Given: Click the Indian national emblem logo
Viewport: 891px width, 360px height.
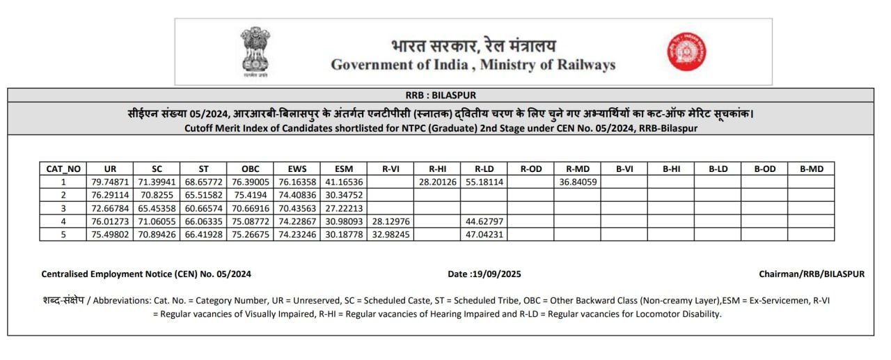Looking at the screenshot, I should click(x=255, y=51).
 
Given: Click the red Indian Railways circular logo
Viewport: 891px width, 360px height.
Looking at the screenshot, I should click(x=687, y=52).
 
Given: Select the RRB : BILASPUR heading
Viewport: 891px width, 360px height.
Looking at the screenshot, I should click(x=441, y=95).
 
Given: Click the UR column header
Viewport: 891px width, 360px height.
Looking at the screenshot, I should click(x=110, y=169).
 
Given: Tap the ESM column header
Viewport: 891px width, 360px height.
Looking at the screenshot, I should click(x=343, y=169).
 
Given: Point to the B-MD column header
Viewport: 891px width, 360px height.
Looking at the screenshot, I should click(x=811, y=169).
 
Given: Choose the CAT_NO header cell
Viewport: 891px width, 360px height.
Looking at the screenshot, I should click(x=63, y=169).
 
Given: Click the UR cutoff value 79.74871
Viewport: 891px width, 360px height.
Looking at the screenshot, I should click(x=110, y=182).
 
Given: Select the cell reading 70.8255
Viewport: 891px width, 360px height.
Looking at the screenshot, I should click(x=157, y=195).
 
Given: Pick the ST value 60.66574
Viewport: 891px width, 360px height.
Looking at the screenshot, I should click(x=203, y=208).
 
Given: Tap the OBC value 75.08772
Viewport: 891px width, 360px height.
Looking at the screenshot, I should click(x=250, y=221).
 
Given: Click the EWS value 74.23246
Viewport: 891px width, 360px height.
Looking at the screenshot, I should click(x=297, y=235).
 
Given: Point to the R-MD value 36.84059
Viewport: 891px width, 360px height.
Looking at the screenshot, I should click(x=577, y=182).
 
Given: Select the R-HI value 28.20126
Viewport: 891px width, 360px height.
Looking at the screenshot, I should click(x=437, y=182).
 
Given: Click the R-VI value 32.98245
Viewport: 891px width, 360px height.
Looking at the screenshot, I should click(x=390, y=235).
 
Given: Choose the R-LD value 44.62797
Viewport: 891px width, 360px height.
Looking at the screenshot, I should click(x=484, y=221).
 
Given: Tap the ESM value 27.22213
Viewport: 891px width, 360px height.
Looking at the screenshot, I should click(x=343, y=208).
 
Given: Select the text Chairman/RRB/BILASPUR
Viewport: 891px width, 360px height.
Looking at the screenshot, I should click(x=812, y=274).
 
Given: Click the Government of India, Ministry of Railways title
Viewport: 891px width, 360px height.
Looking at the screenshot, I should click(x=473, y=65).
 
